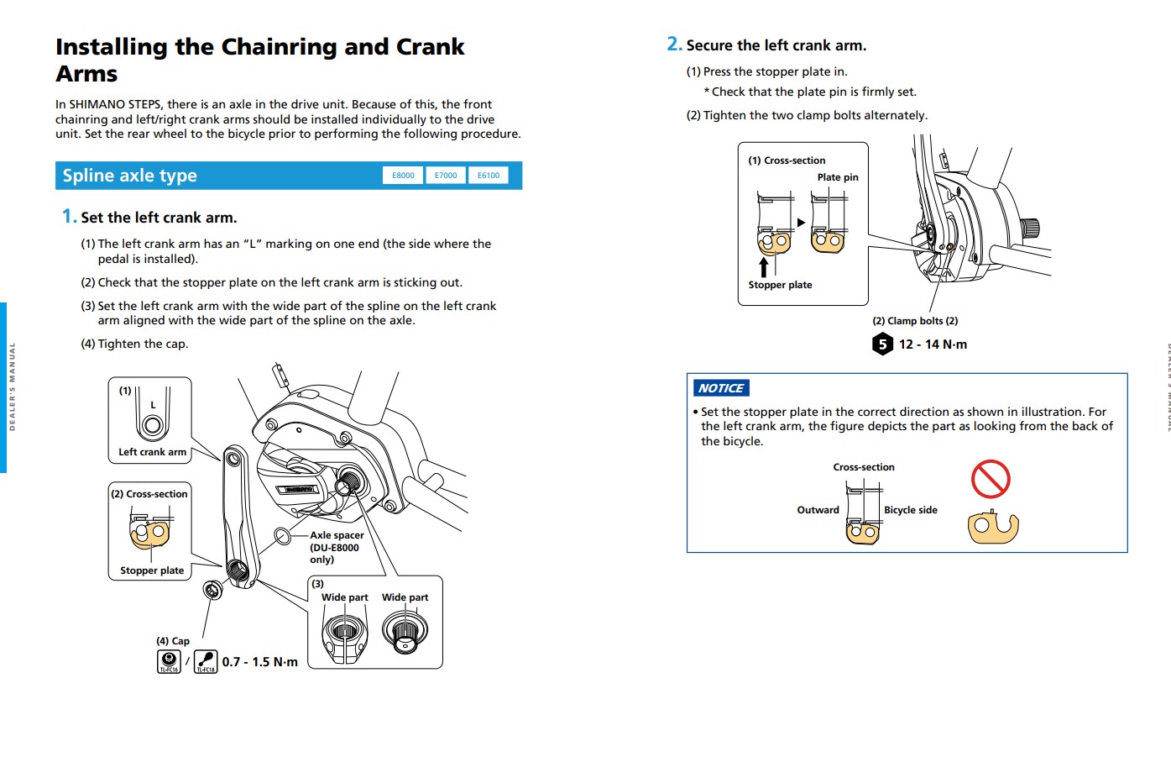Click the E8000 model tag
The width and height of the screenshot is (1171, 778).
403,176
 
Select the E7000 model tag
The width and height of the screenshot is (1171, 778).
446,176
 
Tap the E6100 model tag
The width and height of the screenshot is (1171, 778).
489,176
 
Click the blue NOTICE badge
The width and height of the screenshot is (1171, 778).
721,388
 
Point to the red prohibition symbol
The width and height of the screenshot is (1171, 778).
991,479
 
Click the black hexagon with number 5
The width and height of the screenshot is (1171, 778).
882,344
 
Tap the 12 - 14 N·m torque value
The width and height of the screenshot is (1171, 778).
933,344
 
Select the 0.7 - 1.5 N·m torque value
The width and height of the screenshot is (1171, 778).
259,662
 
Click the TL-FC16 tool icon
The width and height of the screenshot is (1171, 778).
169,661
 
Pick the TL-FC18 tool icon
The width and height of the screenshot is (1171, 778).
206,661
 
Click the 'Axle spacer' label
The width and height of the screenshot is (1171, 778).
337,535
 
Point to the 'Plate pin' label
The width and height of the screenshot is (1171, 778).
838,177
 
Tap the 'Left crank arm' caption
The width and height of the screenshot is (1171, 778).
152,452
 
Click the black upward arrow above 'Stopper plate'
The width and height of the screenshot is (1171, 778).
764,267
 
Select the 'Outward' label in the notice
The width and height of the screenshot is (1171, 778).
818,510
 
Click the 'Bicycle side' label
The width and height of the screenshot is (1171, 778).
910,510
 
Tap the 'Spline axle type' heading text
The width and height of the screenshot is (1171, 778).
129,176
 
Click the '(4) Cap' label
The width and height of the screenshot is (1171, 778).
173,641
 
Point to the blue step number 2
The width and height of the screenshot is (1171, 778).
673,44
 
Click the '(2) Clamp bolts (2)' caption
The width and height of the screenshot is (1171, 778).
915,321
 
